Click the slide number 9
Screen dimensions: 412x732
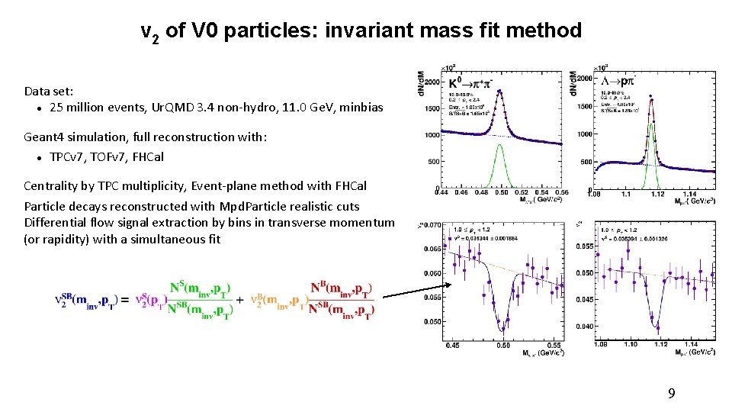point(671,394)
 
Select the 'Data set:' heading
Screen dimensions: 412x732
point(49,91)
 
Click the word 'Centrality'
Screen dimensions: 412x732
point(52,186)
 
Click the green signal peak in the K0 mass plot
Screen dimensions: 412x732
point(500,164)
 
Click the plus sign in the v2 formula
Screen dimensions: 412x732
point(240,301)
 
